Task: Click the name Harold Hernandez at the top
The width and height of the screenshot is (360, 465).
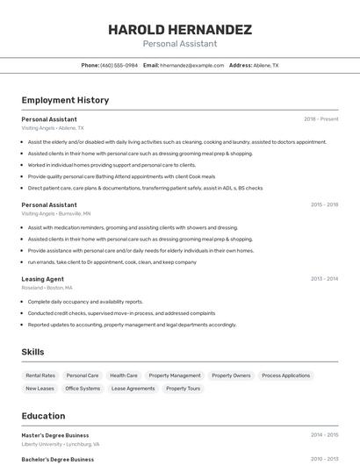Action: [180, 30]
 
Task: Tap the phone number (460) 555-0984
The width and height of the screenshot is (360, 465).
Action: [119, 65]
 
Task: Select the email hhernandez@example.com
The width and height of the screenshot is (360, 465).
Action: [191, 65]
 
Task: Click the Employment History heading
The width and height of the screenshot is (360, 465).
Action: [65, 100]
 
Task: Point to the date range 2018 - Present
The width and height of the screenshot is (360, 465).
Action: [320, 118]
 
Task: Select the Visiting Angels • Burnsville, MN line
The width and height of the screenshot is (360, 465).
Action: [56, 213]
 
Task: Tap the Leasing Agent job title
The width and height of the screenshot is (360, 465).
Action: [42, 279]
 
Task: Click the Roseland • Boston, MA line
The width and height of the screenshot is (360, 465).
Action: [47, 288]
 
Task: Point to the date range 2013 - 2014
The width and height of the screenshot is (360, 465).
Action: [324, 279]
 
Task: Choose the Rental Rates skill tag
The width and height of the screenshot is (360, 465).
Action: [40, 376]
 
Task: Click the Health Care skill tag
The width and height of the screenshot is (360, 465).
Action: [124, 376]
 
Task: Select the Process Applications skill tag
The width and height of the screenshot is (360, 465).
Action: [285, 376]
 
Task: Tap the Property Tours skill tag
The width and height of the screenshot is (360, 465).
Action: [183, 388]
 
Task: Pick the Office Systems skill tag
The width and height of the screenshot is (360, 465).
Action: [83, 388]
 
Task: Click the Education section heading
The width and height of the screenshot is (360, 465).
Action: [43, 416]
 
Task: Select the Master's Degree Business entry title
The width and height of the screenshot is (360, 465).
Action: [55, 434]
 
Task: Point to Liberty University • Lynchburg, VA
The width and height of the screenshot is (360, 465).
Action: [61, 444]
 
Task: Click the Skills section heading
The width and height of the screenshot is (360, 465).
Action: [33, 352]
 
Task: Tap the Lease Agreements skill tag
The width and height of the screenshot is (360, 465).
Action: [133, 388]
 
